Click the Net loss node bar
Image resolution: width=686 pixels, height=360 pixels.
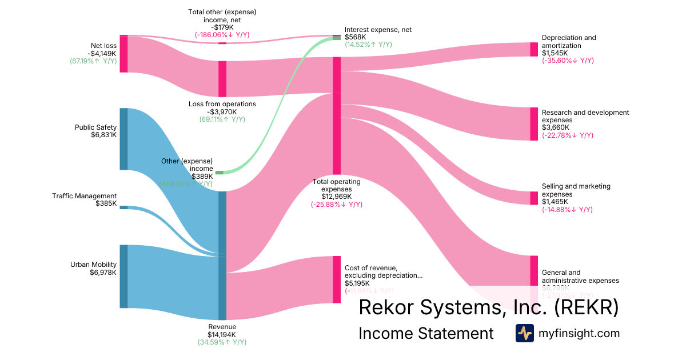[123, 54]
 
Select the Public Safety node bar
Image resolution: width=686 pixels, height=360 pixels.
[123, 139]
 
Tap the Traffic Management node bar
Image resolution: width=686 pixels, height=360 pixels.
[123, 207]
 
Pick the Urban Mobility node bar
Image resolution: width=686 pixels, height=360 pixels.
[123, 276]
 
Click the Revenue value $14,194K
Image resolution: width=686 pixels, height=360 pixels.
[222, 335]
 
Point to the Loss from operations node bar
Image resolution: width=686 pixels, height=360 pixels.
[222, 79]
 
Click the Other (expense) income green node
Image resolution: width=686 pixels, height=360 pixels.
[220, 173]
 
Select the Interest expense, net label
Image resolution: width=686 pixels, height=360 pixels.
[378, 30]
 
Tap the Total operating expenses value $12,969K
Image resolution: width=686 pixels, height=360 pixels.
[337, 197]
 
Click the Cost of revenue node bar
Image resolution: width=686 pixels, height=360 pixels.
[337, 279]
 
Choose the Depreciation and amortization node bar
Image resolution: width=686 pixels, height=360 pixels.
[534, 50]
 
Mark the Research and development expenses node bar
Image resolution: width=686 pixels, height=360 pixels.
[534, 123]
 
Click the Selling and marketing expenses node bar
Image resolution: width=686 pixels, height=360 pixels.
[534, 198]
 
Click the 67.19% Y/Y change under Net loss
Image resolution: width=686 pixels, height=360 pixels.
[93, 61]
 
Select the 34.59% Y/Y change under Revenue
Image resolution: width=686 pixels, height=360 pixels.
[222, 342]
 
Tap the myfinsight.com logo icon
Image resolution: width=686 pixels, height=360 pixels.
[525, 333]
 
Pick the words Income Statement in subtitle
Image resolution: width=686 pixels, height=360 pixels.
[426, 333]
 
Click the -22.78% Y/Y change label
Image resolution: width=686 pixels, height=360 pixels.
[568, 135]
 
